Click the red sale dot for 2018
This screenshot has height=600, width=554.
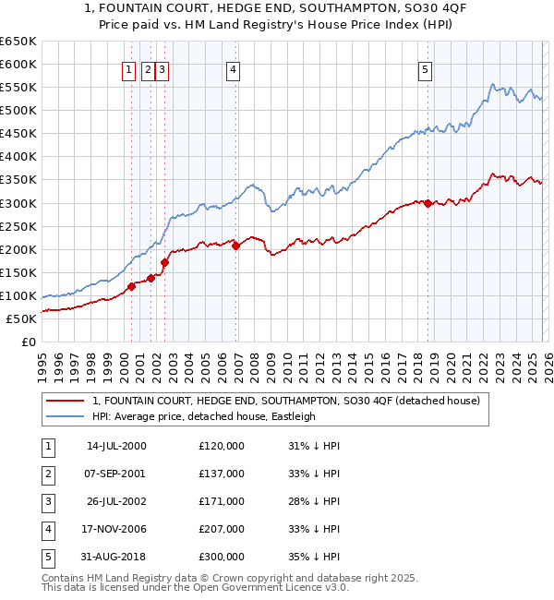point(428,204)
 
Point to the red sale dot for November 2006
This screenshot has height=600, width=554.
point(235,246)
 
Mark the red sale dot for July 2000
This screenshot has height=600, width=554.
point(131,286)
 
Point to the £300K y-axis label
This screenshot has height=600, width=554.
point(18,203)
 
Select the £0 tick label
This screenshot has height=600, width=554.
point(28,342)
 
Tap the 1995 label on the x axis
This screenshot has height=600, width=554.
point(42,365)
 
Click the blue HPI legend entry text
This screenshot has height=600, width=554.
point(204,416)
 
